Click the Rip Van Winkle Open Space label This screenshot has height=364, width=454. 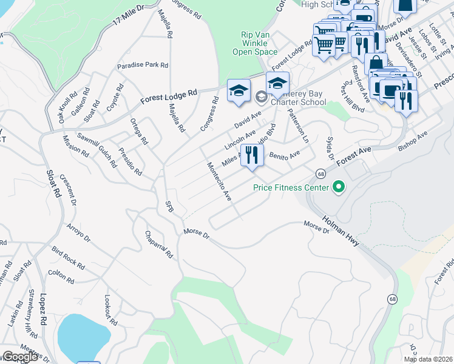coord(254,43)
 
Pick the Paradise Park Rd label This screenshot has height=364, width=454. coord(143,65)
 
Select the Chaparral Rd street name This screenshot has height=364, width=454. coord(160,244)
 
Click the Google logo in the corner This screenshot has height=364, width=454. coord(19,357)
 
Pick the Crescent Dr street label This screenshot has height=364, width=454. coord(72,194)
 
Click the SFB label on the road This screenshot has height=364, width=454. coord(169,206)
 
